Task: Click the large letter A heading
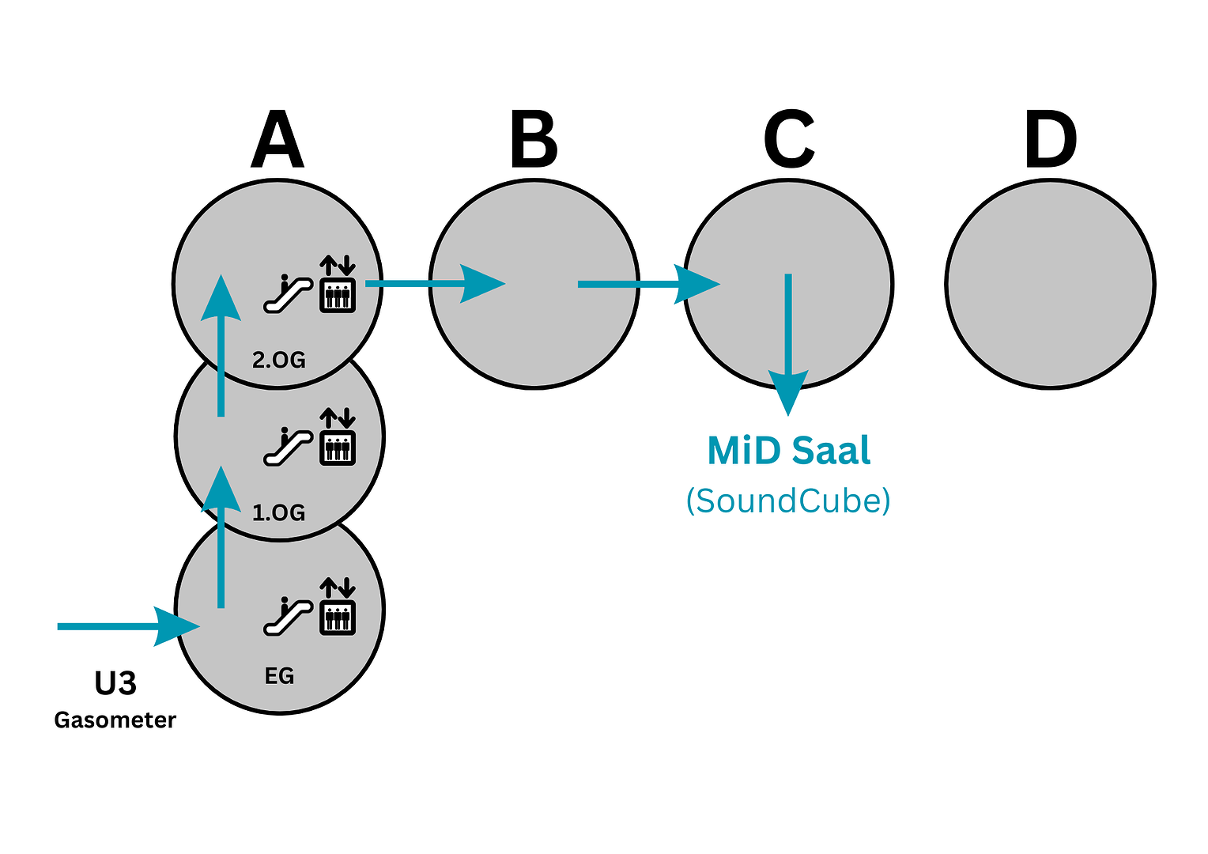277,140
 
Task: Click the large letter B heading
534,140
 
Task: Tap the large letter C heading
789,140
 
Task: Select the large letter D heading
1050,140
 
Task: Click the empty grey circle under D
1050,284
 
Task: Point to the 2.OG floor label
278,361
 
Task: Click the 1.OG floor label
278,513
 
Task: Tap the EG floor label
279,676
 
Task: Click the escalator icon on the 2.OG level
287,294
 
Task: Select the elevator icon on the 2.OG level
338,285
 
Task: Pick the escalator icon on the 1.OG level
287,447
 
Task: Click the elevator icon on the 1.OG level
338,436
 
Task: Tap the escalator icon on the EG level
287,618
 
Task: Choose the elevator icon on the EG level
338,607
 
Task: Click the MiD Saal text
788,452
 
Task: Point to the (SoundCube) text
788,501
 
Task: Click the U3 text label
115,684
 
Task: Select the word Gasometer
115,720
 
